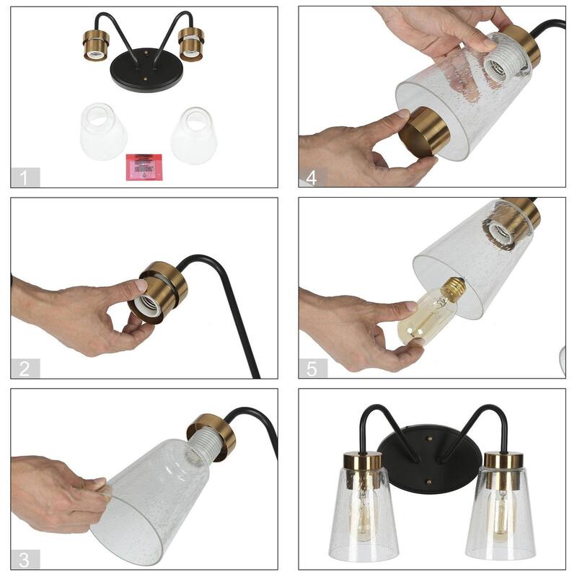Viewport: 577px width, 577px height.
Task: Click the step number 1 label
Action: click(x=25, y=177)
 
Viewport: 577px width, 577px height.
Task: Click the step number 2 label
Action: click(x=25, y=369)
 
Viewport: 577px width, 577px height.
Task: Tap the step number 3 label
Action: click(x=25, y=559)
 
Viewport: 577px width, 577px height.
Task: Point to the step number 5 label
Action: click(x=312, y=369)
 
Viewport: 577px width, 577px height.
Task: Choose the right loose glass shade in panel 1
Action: click(x=193, y=135)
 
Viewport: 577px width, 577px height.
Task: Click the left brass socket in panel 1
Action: click(x=94, y=47)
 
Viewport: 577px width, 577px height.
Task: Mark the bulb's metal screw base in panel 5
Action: click(x=453, y=288)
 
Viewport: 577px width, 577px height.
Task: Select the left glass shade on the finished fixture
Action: click(x=364, y=508)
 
